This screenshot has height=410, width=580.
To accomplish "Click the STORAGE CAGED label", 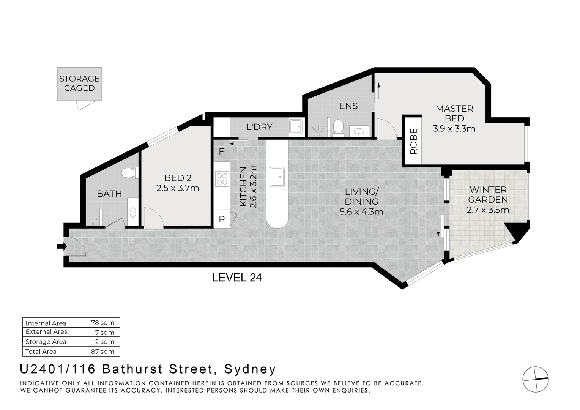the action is [x=79, y=84].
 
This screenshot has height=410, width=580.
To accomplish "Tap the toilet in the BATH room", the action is [x=129, y=173].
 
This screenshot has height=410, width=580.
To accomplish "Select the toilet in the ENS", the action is [x=338, y=128].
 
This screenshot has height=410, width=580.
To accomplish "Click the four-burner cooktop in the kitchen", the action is [x=222, y=179].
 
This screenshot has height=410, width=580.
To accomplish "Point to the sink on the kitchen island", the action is [x=277, y=177].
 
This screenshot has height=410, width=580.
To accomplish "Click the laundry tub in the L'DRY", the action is [x=296, y=127].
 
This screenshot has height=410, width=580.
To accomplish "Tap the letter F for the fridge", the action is [x=221, y=151].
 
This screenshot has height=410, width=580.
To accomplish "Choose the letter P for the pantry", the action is [x=222, y=219].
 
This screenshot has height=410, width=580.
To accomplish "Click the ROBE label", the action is [x=413, y=142].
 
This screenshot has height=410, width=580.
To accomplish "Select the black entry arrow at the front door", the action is [x=62, y=246].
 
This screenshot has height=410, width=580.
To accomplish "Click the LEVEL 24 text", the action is [x=237, y=278].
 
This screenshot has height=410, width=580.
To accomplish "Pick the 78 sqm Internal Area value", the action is [x=103, y=323].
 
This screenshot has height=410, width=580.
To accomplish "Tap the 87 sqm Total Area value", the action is [x=103, y=352].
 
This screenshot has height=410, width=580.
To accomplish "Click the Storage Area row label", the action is [x=46, y=342].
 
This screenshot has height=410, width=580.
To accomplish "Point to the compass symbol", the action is [x=536, y=380].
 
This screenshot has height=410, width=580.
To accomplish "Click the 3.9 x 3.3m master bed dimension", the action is [x=454, y=128].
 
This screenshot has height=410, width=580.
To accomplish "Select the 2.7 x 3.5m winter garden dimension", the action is [x=488, y=210].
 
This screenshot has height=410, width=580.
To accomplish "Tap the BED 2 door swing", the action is [x=154, y=218].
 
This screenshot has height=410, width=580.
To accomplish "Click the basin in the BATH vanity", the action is [x=133, y=212].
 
